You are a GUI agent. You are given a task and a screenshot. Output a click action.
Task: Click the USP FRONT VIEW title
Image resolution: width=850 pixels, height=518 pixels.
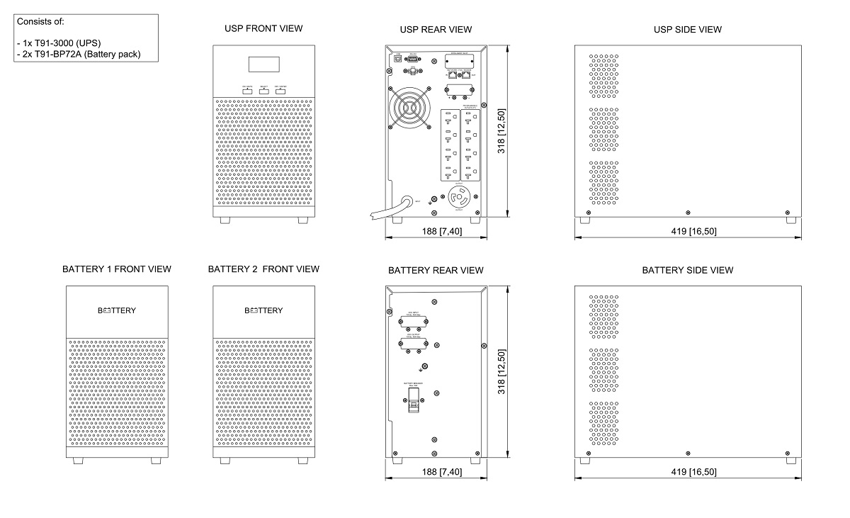click(263, 28)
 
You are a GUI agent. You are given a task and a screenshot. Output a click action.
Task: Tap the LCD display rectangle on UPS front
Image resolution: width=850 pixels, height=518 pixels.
click(263, 64)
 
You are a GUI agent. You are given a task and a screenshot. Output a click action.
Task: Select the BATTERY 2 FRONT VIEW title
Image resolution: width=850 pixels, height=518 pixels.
click(263, 269)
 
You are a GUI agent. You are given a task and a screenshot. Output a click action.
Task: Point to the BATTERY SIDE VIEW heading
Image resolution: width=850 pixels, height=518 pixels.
click(687, 270)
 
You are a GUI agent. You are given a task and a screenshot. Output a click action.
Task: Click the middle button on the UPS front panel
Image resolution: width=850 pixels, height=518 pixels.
click(263, 91)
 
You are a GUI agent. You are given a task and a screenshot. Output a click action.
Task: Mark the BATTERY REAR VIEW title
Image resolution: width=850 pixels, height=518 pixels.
click(436, 270)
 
